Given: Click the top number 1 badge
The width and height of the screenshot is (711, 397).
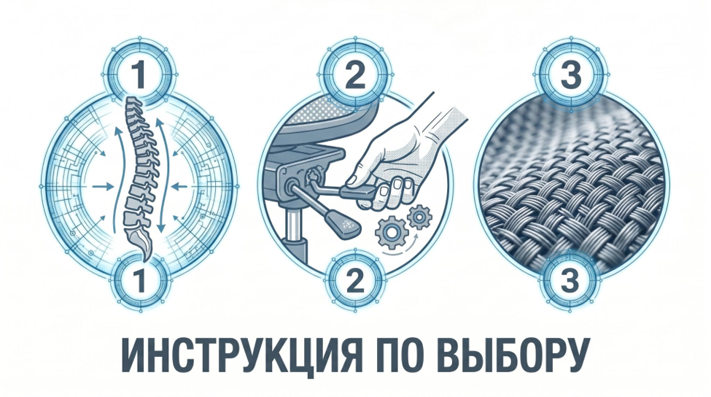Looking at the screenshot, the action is point(140,74).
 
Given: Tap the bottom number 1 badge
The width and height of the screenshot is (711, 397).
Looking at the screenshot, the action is point(140,280).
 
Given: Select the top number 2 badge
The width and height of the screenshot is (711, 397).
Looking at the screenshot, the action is point(355,74).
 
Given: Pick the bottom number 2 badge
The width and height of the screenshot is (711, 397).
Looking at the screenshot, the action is point(355,280).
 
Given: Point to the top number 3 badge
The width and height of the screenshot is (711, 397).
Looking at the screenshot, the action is point(570,74).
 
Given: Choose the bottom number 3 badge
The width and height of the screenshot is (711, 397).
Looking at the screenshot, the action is point(570,280).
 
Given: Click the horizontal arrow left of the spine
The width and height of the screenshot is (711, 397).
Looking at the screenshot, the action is point(103,186).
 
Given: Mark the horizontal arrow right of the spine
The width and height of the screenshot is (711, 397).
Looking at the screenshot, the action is point(179,185).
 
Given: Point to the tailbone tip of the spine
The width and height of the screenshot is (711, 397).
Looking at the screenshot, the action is point(144,260).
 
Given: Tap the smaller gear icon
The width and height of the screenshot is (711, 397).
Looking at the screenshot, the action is point(419,217).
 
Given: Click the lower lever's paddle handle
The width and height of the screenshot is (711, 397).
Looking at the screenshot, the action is point(343,224).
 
